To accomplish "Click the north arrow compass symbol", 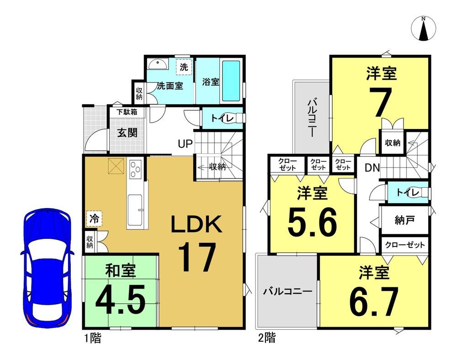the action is click(424, 28).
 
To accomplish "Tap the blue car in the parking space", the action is click(47, 268).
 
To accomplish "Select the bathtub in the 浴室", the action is click(231, 81).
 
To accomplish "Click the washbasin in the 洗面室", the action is click(158, 64).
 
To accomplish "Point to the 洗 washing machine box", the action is click(184, 67).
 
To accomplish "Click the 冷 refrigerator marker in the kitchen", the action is click(94, 219).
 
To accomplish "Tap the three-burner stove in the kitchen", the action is click(135, 169).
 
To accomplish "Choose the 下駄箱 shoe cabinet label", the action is click(127, 112).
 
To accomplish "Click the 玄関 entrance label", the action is click(127, 133).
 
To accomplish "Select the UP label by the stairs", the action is click(186, 144).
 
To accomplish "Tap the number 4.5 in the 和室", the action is click(120, 299).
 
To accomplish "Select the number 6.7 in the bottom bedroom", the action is click(374, 301).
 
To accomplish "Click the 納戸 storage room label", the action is click(404, 220).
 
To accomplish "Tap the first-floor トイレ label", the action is click(222, 118).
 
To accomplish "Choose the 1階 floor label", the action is click(93, 339).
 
